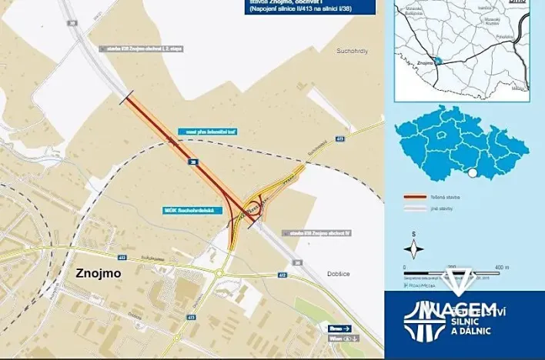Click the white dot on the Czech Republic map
click(473, 173)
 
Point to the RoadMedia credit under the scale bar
click(421, 285)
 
